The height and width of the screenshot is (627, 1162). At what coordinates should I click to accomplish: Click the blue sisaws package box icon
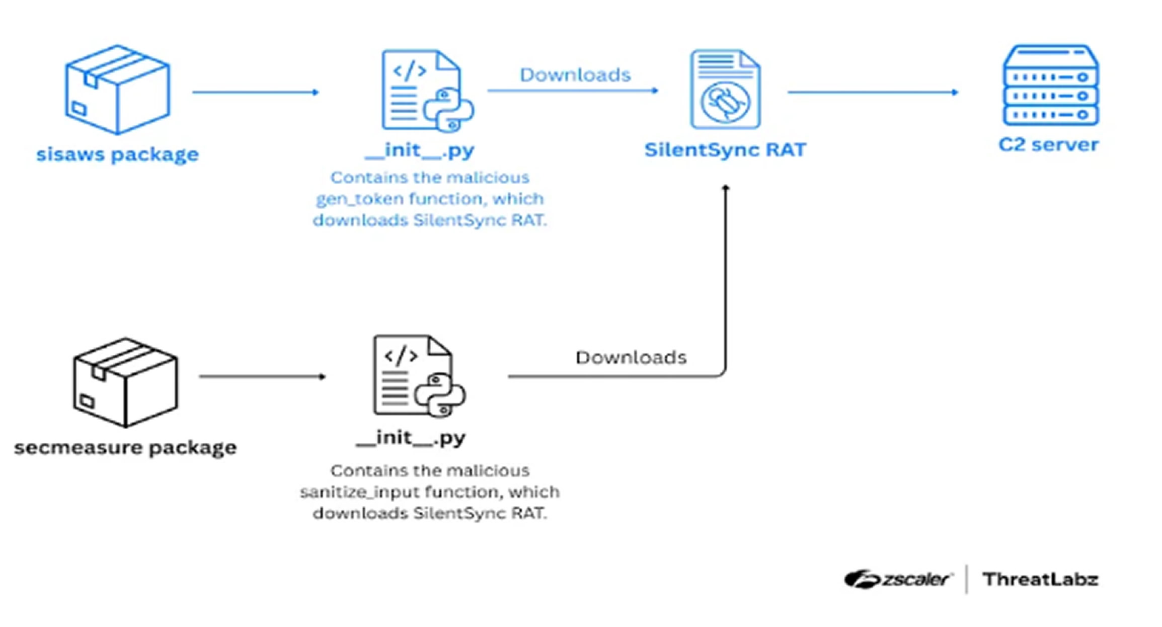click(117, 90)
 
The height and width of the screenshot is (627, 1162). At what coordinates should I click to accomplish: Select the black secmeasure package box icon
click(125, 382)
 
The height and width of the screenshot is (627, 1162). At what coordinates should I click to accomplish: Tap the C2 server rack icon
click(1051, 86)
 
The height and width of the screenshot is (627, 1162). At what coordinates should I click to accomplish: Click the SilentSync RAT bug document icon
click(725, 89)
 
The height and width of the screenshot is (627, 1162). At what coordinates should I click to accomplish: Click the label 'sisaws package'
click(117, 154)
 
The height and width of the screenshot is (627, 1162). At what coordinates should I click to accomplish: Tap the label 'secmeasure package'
click(125, 447)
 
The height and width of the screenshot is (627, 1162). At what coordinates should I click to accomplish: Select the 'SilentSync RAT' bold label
click(725, 149)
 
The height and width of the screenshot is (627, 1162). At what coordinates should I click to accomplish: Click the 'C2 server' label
click(1048, 145)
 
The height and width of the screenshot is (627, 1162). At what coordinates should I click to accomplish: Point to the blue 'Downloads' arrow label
click(575, 75)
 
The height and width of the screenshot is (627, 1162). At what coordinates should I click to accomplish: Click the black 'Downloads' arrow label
click(631, 357)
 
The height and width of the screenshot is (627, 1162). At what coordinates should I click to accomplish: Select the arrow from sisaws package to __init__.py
click(255, 92)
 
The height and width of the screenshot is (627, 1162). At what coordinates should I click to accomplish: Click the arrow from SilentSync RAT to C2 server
click(873, 92)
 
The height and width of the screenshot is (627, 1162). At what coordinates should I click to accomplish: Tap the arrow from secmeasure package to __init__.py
click(262, 376)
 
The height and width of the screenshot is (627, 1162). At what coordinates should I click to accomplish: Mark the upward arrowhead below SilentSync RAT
click(725, 188)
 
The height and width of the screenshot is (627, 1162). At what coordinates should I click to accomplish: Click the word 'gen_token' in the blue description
click(359, 199)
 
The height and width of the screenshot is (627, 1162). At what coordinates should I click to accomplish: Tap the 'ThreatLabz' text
click(1040, 580)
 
